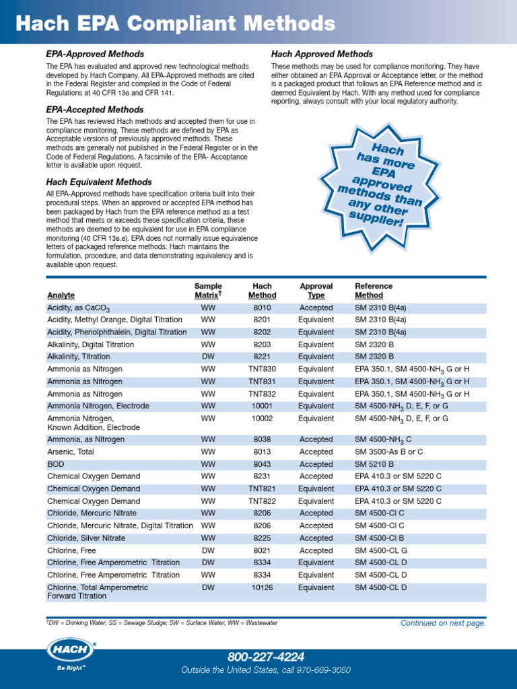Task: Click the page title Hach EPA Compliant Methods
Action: [x=175, y=25]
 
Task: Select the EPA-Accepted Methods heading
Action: [x=94, y=110]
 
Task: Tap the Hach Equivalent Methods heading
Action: [x=99, y=182]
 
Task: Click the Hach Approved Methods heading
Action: [x=322, y=54]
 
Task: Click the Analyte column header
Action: [x=61, y=295]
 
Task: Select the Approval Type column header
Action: [x=316, y=291]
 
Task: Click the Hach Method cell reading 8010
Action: [x=262, y=308]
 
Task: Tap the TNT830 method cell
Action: [x=262, y=369]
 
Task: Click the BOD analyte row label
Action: [x=56, y=464]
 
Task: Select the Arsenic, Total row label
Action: [x=71, y=452]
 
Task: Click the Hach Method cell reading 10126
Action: [x=262, y=587]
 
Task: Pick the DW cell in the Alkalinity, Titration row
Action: [x=208, y=357]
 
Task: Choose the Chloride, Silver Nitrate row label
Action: [x=85, y=538]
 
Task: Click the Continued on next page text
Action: [x=443, y=623]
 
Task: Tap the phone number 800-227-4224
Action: [x=266, y=657]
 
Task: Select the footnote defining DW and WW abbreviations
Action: [x=162, y=623]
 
